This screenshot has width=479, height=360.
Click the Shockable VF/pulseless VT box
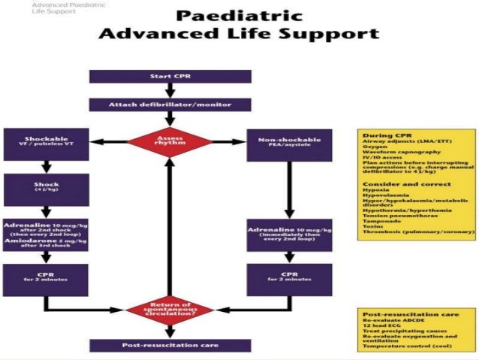(46, 143)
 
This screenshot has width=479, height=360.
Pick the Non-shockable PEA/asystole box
(289, 143)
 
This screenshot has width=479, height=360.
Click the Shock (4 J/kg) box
(46, 188)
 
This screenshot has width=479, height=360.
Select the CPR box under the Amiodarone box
(46, 279)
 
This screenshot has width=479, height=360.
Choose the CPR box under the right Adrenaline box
(289, 279)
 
